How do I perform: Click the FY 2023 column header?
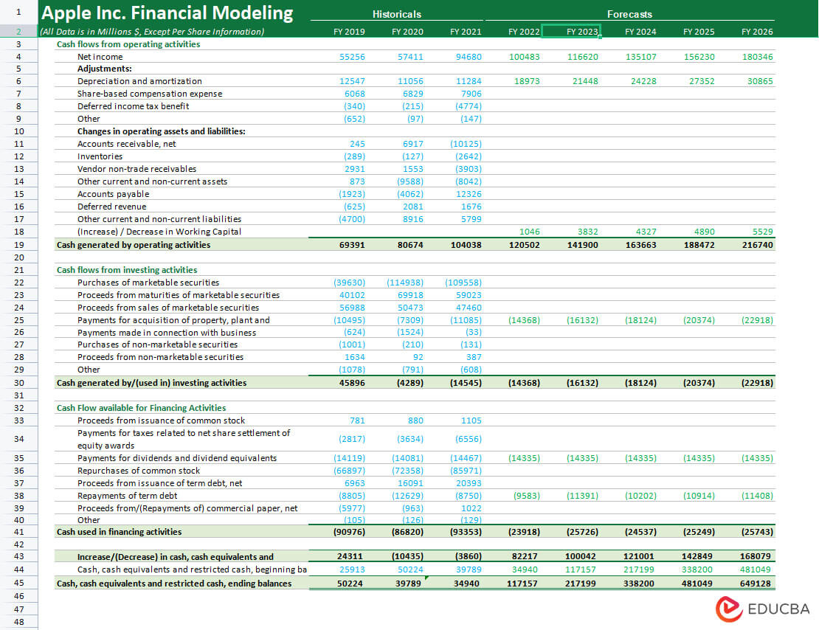[x=582, y=32]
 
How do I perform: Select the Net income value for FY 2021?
[x=469, y=57]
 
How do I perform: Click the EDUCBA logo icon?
[x=729, y=609]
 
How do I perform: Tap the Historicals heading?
[x=396, y=15]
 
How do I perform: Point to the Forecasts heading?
[x=629, y=15]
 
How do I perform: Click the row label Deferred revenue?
[x=111, y=207]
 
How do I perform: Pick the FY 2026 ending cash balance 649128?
[x=756, y=584]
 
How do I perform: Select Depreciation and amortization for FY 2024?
[x=643, y=81]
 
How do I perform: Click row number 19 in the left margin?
[x=18, y=245]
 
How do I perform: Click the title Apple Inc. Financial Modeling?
[x=167, y=13]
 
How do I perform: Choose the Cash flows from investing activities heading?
[x=127, y=270]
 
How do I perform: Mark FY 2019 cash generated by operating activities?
[x=352, y=245]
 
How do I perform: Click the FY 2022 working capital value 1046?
[x=530, y=232]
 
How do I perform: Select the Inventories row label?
[x=100, y=156]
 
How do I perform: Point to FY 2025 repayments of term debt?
[x=699, y=496]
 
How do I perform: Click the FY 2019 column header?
[x=349, y=32]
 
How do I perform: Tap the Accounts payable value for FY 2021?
[x=469, y=194]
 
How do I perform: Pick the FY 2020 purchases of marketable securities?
[x=405, y=283]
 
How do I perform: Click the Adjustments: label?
[x=105, y=69]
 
